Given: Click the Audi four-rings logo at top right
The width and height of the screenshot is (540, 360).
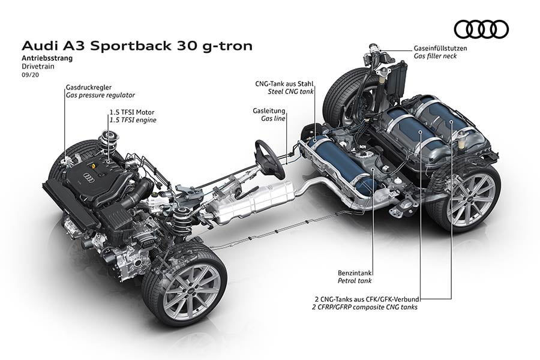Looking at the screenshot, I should pyautogui.click(x=481, y=29).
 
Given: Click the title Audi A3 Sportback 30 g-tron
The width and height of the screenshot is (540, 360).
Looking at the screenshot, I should pyautogui.click(x=137, y=46).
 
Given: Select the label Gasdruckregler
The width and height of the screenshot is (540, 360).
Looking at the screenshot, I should pyautogui.click(x=89, y=87).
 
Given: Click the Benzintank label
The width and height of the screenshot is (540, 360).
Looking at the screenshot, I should pyautogui.click(x=355, y=271).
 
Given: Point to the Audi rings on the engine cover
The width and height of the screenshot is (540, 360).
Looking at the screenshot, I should pyautogui.click(x=88, y=177).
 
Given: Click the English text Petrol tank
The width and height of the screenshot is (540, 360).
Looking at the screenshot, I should pyautogui.click(x=355, y=280).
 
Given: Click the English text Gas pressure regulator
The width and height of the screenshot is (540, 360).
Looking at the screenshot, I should pyautogui.click(x=100, y=95).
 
